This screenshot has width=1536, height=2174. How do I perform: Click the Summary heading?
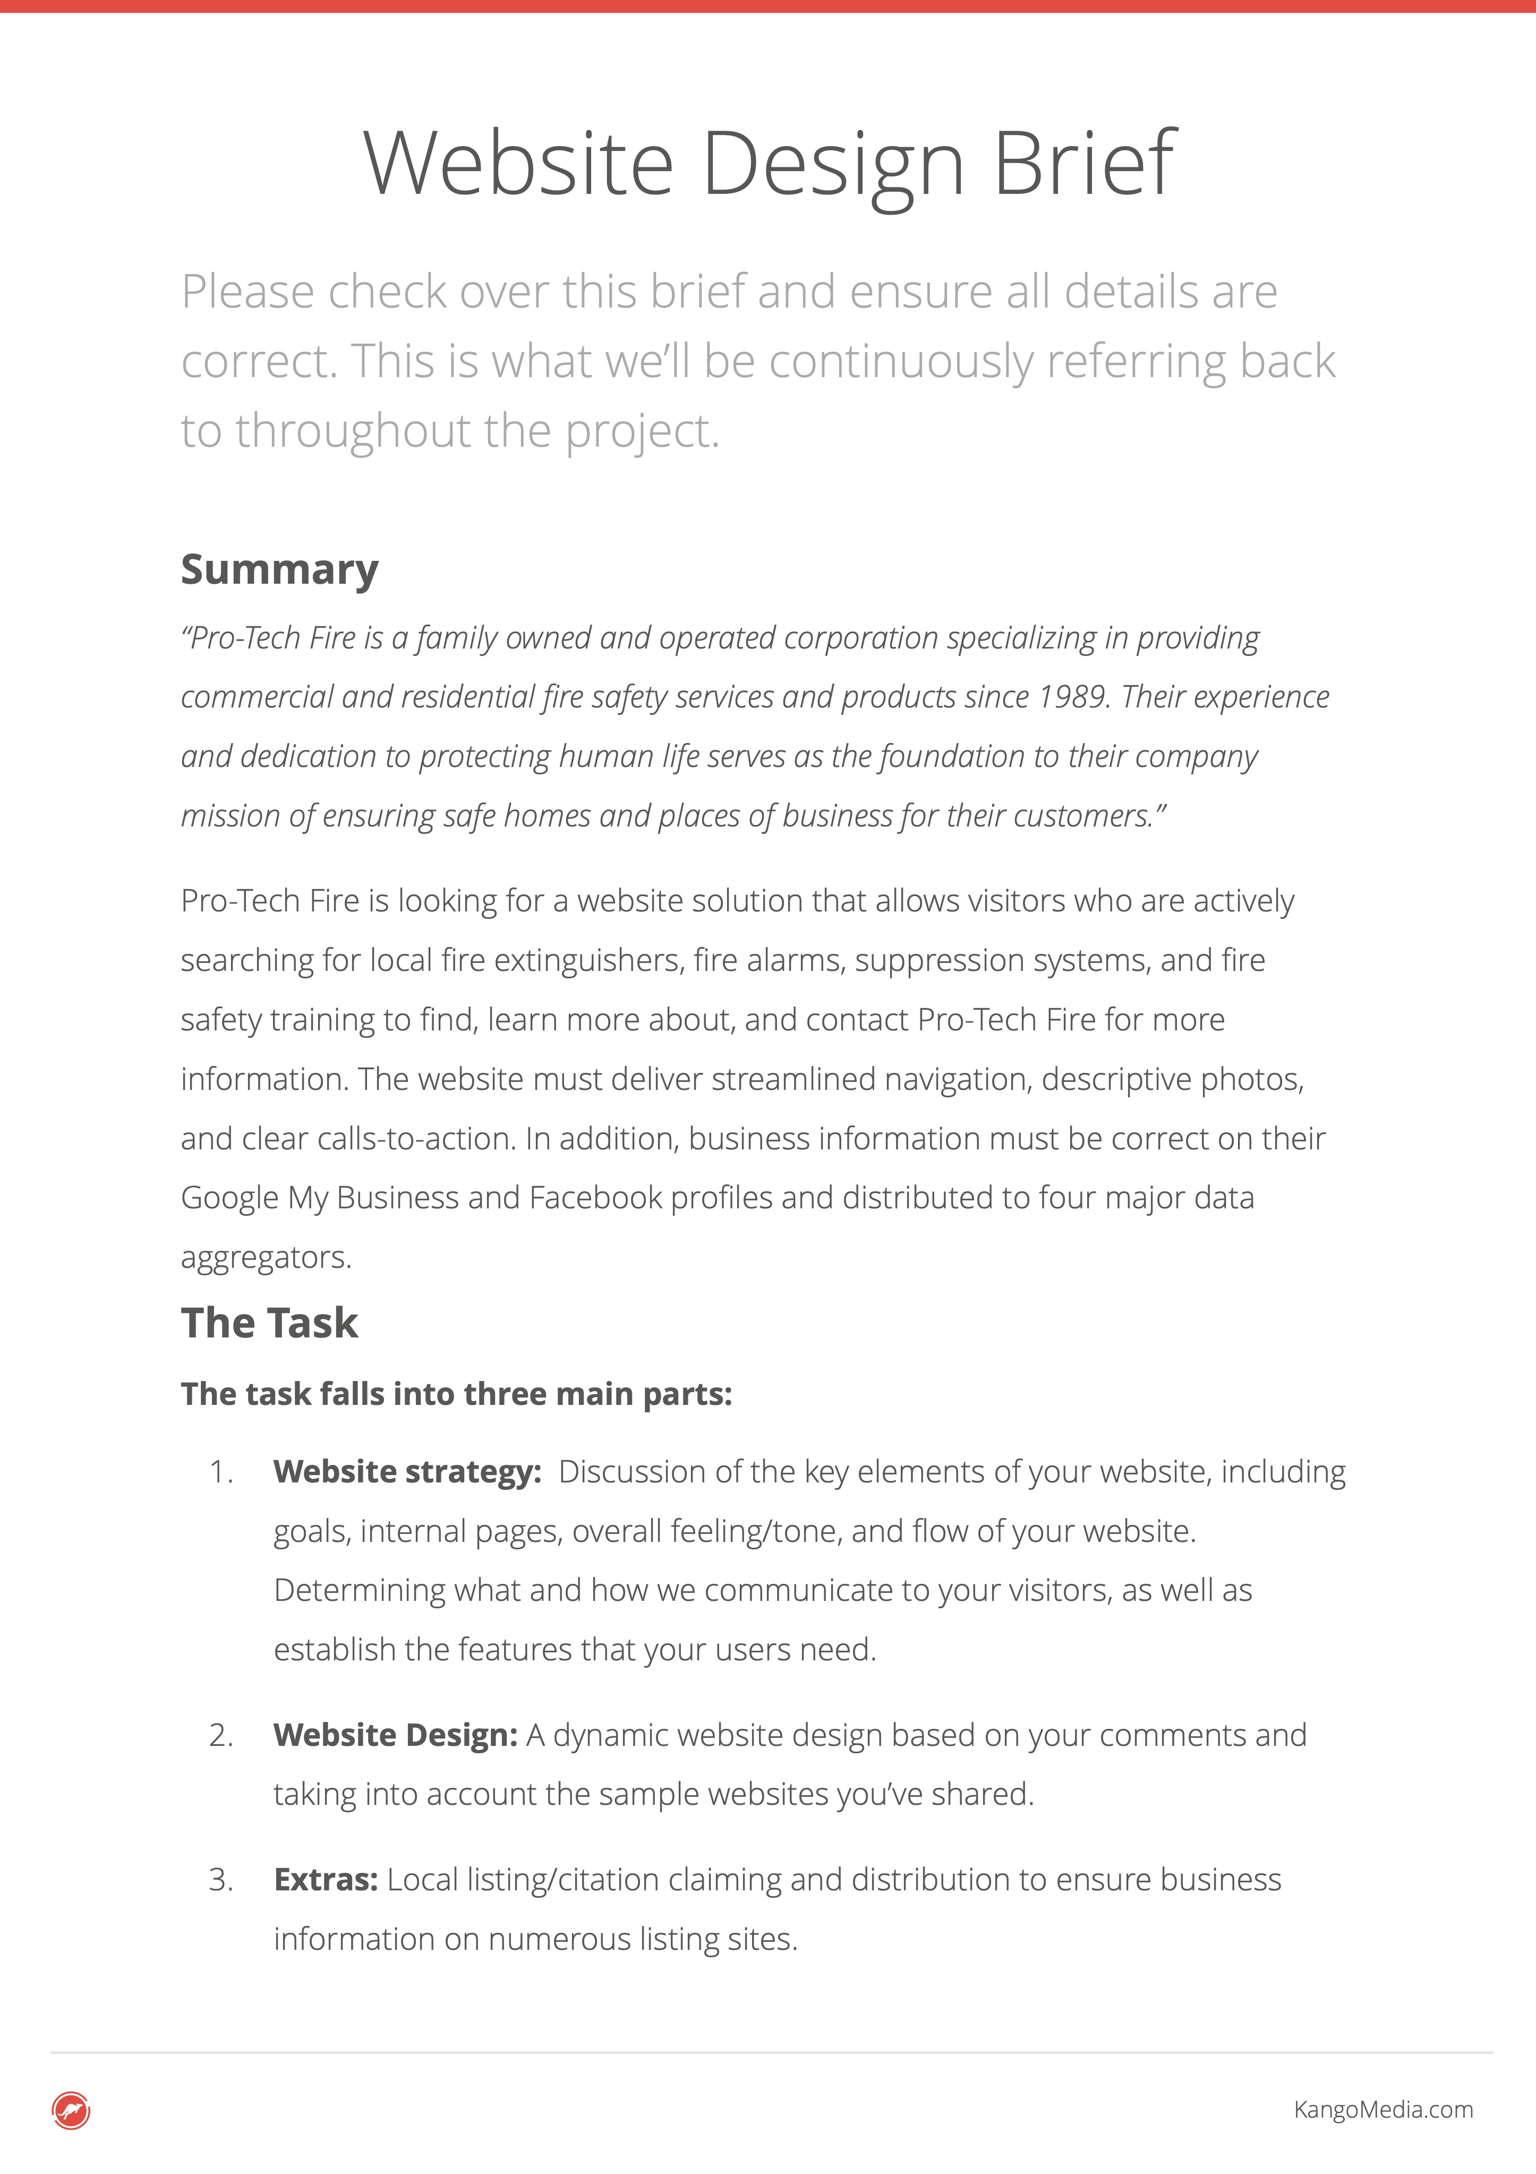(x=279, y=570)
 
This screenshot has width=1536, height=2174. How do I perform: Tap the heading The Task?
(x=269, y=1323)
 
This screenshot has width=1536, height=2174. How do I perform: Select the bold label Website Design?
(x=395, y=1735)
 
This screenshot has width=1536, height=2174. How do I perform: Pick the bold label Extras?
(x=326, y=1880)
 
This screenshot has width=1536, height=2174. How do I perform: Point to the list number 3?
(x=220, y=1880)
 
